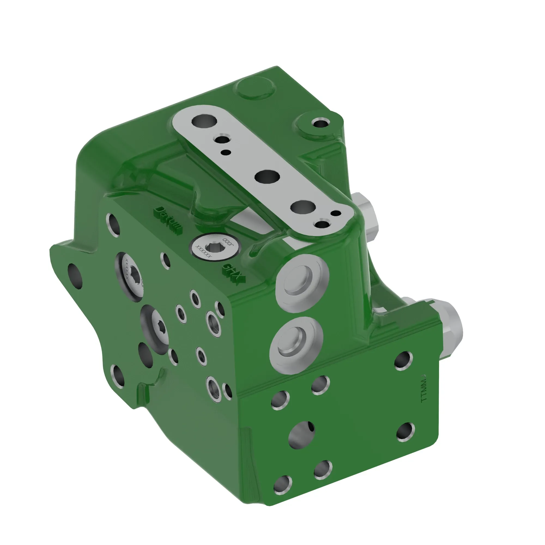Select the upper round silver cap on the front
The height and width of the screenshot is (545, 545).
(302, 283)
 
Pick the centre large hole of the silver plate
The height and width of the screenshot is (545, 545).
(267, 177)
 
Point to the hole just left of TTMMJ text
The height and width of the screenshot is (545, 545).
(403, 360)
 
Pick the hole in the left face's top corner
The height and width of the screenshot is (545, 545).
(113, 225)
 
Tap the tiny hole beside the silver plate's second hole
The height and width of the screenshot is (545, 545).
(226, 153)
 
